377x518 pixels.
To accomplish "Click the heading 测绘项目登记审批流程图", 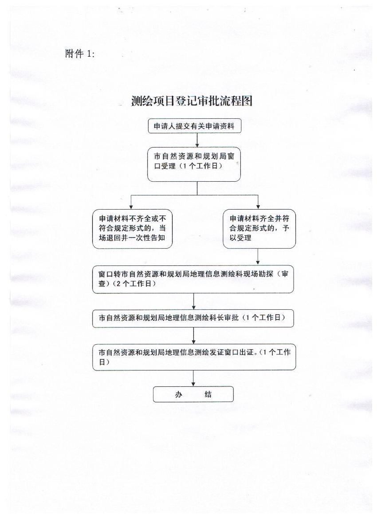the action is point(192,101).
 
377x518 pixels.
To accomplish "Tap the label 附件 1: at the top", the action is point(80,54).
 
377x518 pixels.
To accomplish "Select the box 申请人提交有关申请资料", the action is point(194,126).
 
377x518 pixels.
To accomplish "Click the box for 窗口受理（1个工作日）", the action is point(194,164).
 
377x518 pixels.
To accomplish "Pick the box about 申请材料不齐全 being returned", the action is point(132,229).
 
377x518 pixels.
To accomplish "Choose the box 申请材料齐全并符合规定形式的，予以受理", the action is point(259,229).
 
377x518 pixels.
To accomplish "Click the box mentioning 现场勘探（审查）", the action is point(193,279).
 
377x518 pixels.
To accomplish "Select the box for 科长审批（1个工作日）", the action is point(193,318).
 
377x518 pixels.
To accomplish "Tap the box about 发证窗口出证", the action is point(194,357).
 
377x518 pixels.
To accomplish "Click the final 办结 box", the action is point(193,394).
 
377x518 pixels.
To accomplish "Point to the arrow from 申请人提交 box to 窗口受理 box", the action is point(197,140).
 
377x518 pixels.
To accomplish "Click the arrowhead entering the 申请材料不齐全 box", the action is point(131,207).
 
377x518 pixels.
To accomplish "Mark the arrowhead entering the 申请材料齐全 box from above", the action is point(258,207).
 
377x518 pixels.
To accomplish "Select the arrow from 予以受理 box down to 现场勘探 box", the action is point(258,257).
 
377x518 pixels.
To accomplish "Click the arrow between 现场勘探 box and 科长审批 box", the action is point(193,301).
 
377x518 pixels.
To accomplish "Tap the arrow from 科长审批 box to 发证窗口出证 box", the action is point(193,335).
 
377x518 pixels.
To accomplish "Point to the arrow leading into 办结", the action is point(193,378).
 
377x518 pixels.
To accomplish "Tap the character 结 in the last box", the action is point(208,394).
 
